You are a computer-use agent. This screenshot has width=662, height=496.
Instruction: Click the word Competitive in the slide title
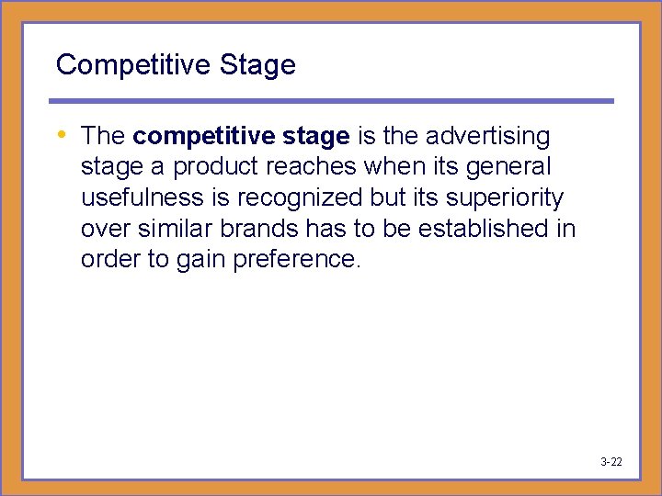(x=133, y=65)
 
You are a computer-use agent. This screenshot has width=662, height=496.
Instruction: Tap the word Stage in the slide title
(x=257, y=65)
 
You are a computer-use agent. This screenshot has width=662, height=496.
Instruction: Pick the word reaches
(x=314, y=167)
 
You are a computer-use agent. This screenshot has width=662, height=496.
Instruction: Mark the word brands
(x=261, y=229)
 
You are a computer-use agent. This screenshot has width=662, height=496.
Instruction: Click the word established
(x=493, y=229)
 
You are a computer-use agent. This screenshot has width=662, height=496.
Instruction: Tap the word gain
(x=198, y=260)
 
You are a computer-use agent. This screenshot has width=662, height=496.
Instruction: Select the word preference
(x=297, y=260)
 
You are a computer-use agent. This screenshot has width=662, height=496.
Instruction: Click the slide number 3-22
(x=611, y=461)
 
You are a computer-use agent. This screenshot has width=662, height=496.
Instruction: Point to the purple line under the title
(x=331, y=101)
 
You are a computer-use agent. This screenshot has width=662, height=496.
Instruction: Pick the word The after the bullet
(x=103, y=137)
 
